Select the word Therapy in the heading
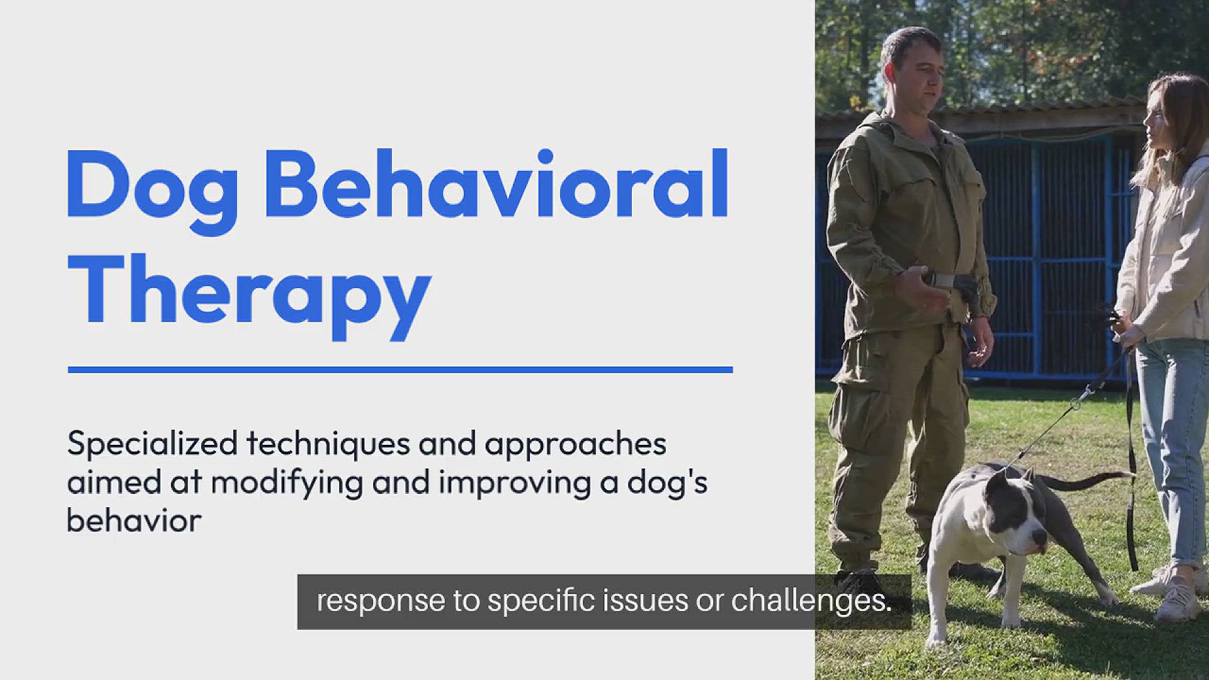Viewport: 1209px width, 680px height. coord(249,293)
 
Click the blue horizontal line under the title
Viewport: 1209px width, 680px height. coord(400,370)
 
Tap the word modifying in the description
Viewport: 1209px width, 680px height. coord(287,484)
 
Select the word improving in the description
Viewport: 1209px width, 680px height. coord(513,484)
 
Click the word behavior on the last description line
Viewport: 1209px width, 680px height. coord(133,521)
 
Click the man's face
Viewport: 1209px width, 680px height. coord(916,79)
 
